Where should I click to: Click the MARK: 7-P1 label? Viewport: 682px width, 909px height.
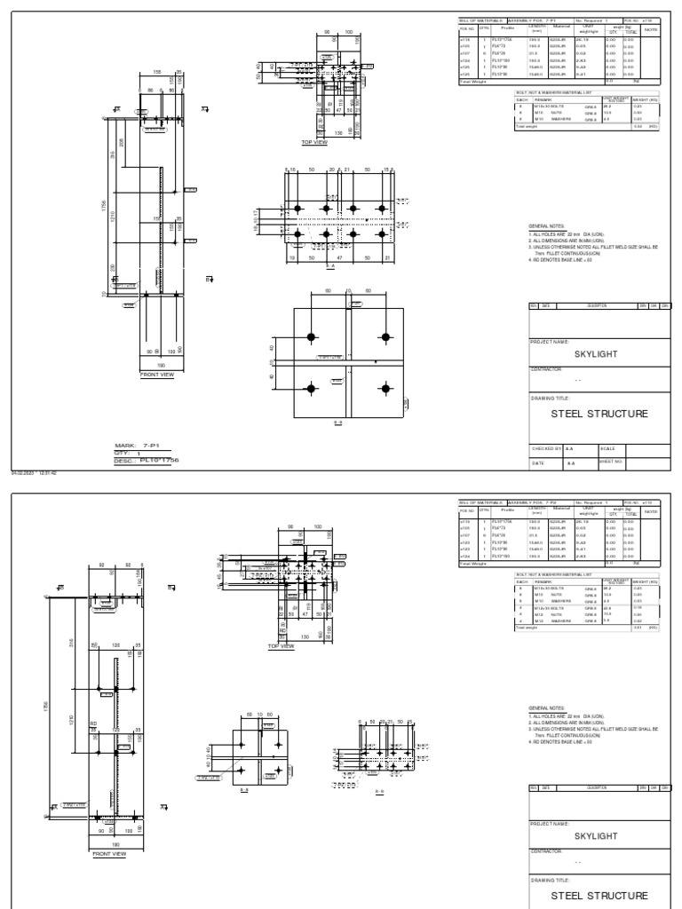coord(136,446)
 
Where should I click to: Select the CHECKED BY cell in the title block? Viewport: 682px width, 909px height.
coord(546,449)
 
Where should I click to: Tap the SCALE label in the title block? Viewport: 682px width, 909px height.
coord(608,449)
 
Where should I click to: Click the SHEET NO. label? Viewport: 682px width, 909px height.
coord(612,462)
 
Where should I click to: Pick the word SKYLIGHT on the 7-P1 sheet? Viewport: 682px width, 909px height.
coord(596,353)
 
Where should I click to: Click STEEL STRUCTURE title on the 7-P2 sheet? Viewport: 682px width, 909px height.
coord(599,896)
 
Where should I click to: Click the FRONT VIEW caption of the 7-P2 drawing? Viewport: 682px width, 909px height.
coord(110,854)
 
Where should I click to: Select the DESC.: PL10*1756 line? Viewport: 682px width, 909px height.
coord(147,460)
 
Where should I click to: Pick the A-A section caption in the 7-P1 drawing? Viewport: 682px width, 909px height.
coord(331,265)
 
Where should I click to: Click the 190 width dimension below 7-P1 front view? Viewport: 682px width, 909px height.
coord(161,364)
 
